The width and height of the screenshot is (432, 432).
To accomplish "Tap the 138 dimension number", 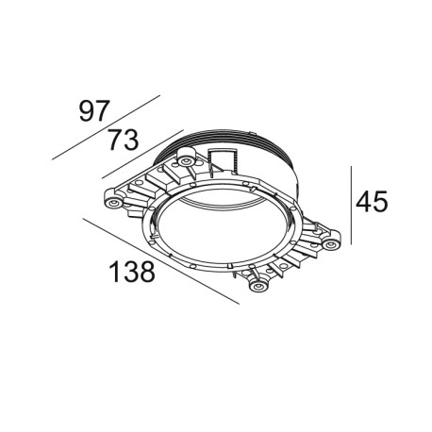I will pyautogui.click(x=127, y=273).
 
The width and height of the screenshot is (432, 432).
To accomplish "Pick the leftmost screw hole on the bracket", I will pyautogui.click(x=114, y=203).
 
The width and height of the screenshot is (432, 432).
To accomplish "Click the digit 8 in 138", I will pyautogui.click(x=142, y=273).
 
